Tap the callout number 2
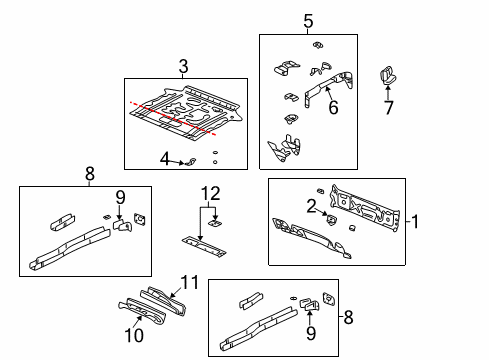pos(311,205)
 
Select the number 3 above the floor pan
pos(183,66)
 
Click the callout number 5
pos(307,20)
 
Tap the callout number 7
pos(388,107)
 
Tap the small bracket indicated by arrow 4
pos(190,161)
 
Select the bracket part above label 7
pos(387,74)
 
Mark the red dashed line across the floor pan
pos(170,115)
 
